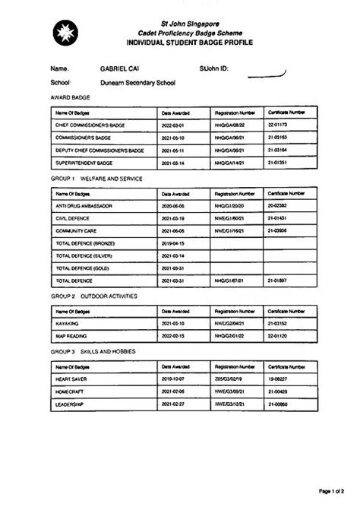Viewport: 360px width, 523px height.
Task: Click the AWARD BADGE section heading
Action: tap(68, 98)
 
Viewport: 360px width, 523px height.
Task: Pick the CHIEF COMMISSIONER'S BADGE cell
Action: tap(90, 124)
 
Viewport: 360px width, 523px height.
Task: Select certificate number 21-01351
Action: tap(277, 163)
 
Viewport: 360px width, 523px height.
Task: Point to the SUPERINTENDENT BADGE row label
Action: tap(84, 163)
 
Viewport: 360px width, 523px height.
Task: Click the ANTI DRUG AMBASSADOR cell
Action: tap(84, 205)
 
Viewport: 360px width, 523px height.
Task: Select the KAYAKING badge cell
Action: tap(68, 323)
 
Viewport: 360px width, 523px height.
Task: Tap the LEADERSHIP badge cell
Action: tap(71, 403)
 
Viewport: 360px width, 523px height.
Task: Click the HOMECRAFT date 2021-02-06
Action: tap(173, 391)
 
